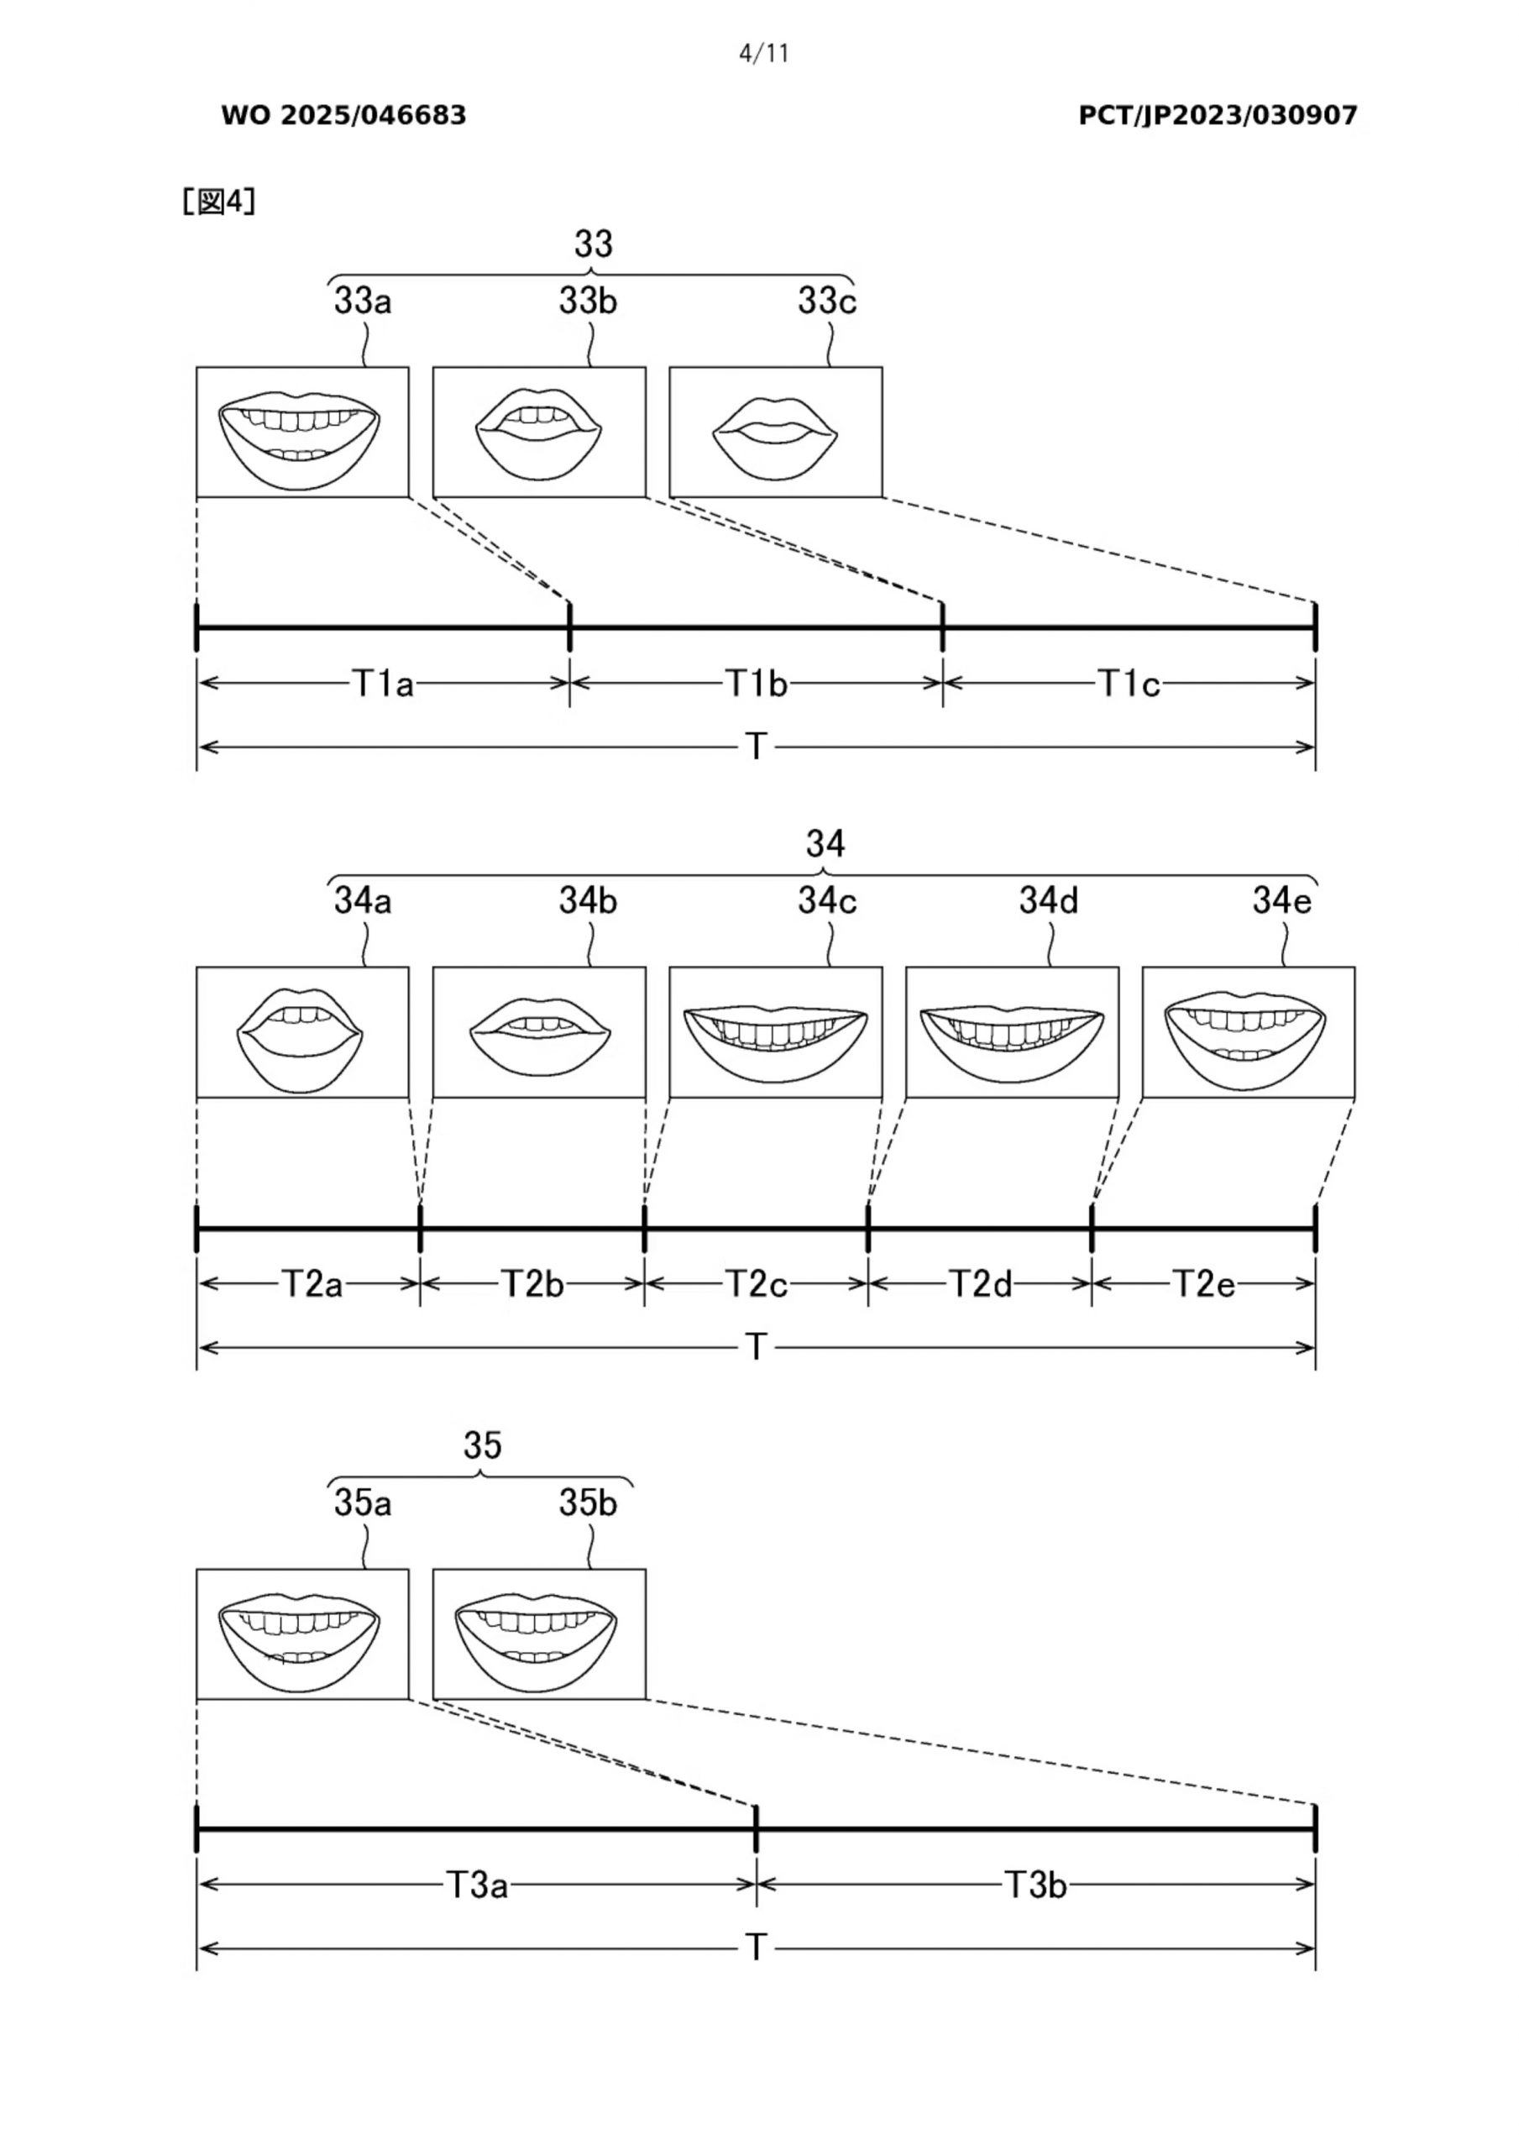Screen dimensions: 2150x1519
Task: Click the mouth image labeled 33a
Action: click(301, 432)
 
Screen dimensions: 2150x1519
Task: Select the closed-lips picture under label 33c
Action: click(775, 432)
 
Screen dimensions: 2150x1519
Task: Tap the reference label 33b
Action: click(588, 302)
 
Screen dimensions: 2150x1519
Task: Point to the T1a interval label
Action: click(382, 684)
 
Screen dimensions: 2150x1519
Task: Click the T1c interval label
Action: click(1129, 684)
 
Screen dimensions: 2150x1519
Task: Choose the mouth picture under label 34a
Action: click(301, 1032)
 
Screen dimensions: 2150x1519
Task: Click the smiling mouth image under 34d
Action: click(1012, 1032)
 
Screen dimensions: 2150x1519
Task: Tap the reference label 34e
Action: click(1282, 901)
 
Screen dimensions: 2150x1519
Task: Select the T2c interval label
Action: click(757, 1284)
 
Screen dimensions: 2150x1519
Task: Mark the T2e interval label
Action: click(1204, 1284)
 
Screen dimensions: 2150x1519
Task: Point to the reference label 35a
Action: click(363, 1504)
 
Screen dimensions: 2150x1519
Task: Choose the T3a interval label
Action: click(477, 1884)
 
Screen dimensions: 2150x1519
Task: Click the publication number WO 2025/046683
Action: click(343, 115)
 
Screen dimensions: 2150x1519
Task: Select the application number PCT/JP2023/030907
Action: click(1218, 115)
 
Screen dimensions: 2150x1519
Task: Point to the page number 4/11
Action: click(763, 55)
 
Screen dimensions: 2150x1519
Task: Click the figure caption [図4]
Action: click(218, 202)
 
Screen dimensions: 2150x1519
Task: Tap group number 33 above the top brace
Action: click(593, 244)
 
